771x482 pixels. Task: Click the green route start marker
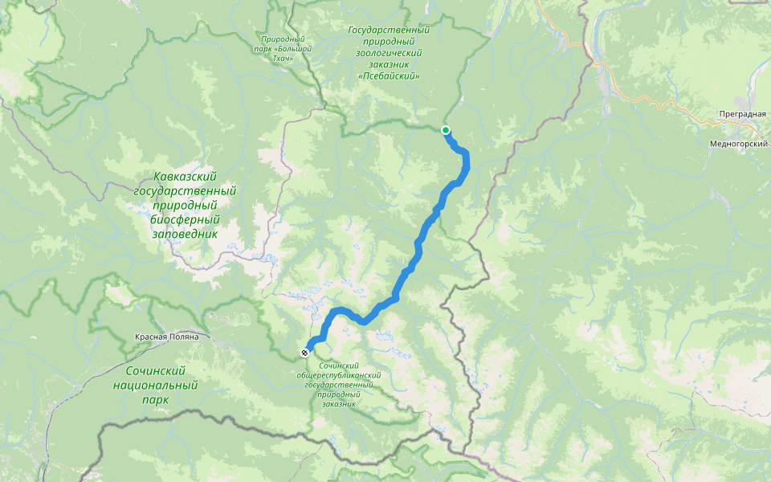tap(446, 130)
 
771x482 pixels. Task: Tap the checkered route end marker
tap(305, 353)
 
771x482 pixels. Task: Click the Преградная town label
tap(742, 114)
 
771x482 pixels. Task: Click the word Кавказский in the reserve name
tap(186, 176)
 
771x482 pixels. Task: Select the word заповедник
tap(186, 235)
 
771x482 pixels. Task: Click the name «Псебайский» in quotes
tap(390, 76)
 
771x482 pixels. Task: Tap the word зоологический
tap(390, 53)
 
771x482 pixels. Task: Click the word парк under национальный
tap(156, 400)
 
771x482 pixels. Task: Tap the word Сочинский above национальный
tap(156, 371)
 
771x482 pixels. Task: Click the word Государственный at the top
tap(390, 31)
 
